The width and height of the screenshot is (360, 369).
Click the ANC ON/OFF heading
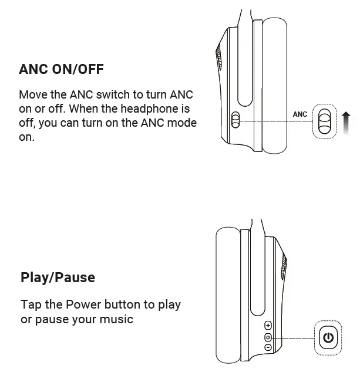[61, 69]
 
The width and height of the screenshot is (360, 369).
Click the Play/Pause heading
[58, 277]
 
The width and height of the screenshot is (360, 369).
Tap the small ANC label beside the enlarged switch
[300, 114]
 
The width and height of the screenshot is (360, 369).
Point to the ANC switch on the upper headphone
[235, 121]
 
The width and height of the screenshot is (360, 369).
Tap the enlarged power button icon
[328, 338]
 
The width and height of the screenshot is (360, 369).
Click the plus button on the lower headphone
[268, 326]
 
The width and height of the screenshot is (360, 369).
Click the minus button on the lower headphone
[268, 347]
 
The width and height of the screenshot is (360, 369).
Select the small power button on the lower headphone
[268, 337]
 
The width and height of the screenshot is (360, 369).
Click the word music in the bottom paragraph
[117, 319]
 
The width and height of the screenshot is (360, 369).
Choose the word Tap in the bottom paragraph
[31, 304]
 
